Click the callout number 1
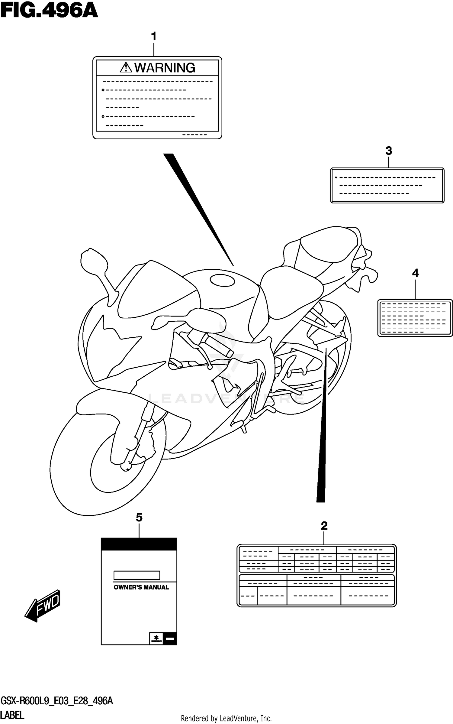(154, 37)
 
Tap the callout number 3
(389, 151)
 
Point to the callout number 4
(415, 273)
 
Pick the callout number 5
(139, 517)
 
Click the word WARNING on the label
(165, 68)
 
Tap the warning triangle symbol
(126, 67)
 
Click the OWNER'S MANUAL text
(141, 587)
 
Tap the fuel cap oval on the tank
(222, 280)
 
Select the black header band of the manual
(139, 544)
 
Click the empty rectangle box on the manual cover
(137, 575)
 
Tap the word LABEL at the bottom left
(12, 716)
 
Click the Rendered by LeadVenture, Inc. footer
(226, 718)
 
